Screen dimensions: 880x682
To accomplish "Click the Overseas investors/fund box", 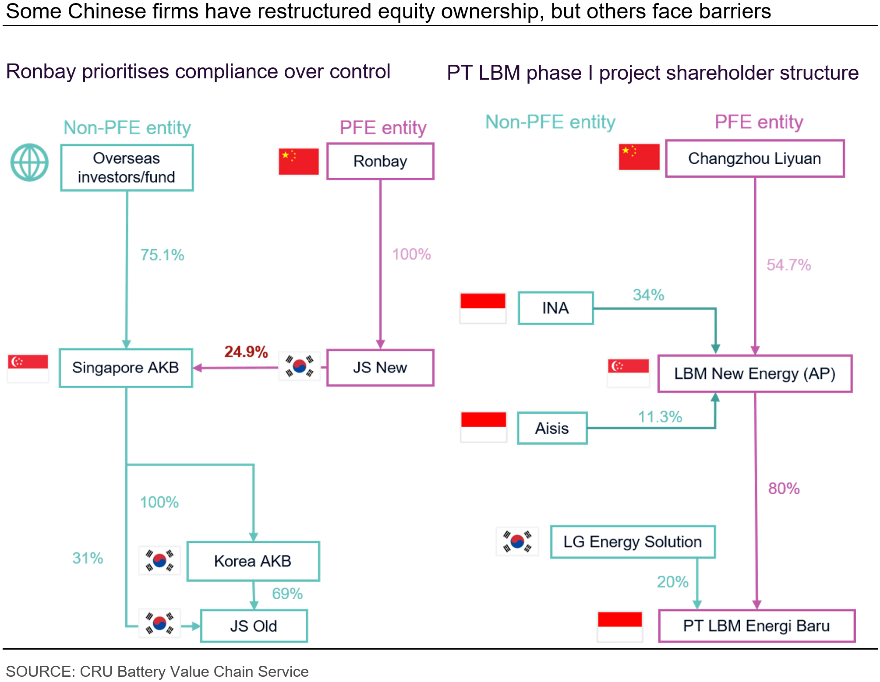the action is pos(127,168).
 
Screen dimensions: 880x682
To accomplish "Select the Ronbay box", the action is pos(380,161).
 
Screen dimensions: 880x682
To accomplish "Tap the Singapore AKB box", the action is pos(126,368).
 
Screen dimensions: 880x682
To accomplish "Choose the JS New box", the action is pos(380,367).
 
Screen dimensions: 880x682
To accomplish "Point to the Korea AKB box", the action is pos(253,561).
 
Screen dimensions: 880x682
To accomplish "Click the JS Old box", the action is pos(254,626).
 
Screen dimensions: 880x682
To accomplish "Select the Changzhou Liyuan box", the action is pos(755,158).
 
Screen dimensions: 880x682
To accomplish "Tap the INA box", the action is pos(555,308).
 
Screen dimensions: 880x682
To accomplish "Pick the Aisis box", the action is pos(552,428).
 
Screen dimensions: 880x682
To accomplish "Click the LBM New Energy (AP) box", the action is pos(755,373).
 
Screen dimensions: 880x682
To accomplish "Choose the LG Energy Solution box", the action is pos(633,542).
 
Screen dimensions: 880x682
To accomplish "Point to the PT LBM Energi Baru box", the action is pos(756,626).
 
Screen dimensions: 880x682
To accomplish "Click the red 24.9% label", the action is pos(246,352).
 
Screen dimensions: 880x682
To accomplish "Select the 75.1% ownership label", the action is pos(162,255).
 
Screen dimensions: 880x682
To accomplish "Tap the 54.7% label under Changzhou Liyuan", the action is pos(788,265).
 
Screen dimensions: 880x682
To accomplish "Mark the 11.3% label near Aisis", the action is pos(660,417).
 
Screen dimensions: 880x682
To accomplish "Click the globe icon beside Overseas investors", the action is pos(29,162).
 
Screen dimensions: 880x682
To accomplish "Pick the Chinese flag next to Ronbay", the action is pos(299,162).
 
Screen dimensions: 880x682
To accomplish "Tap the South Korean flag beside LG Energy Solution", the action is pos(517,541).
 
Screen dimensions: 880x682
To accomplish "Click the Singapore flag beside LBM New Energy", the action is pos(629,373).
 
